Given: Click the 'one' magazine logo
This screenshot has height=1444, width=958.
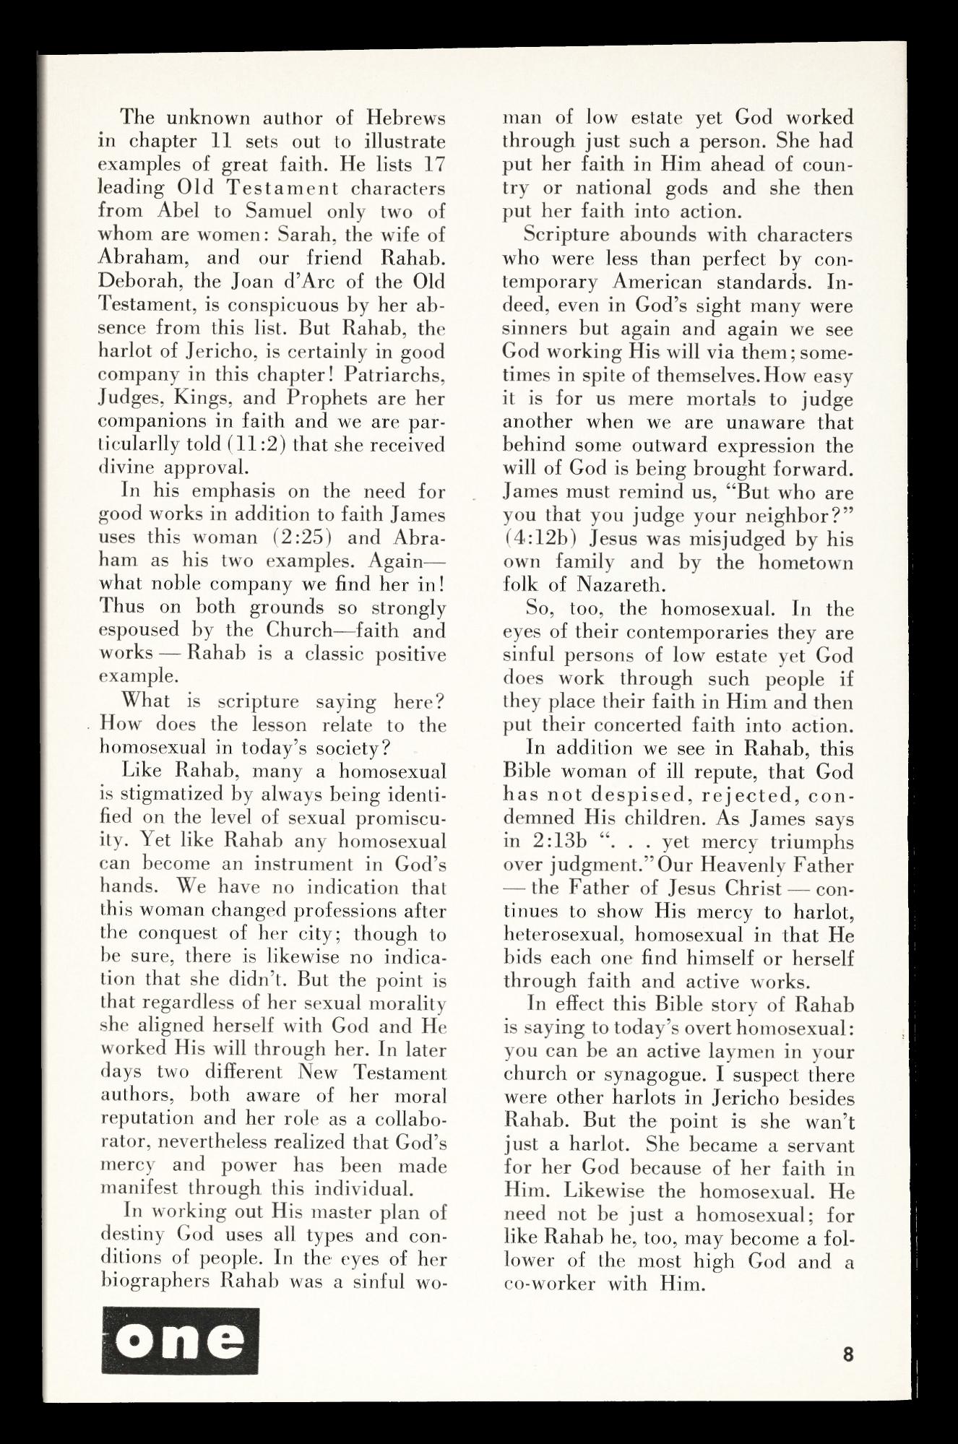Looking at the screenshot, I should point(181,1340).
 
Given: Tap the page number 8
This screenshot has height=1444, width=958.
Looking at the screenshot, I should point(847,1354).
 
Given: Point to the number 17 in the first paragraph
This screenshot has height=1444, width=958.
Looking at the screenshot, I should point(433,164).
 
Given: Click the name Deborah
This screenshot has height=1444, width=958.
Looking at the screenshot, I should point(129,281).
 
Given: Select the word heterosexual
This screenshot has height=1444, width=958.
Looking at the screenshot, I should point(565,935).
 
